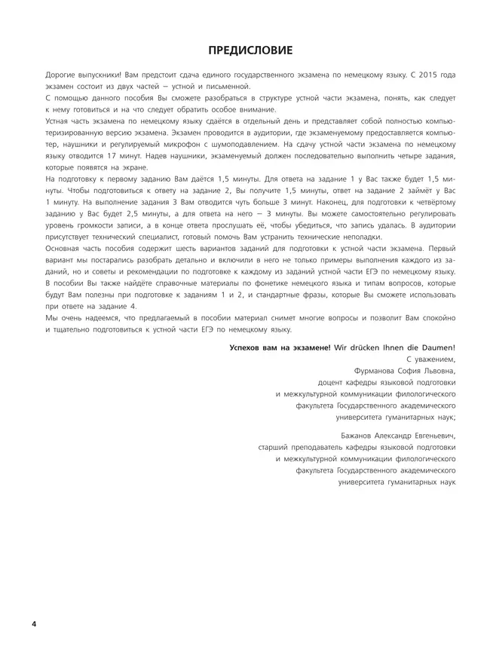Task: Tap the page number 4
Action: click(34, 625)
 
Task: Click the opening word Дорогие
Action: click(63, 76)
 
